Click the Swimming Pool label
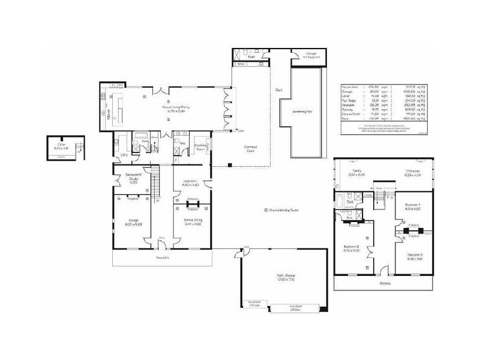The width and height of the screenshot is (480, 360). point(303,112)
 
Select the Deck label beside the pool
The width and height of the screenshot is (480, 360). point(279,91)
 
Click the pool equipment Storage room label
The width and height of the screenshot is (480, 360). point(311,55)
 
